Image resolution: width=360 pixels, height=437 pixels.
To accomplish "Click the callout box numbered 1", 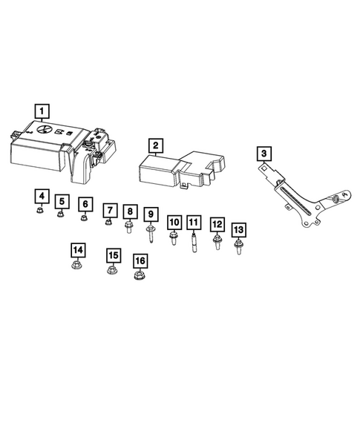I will [x=42, y=111].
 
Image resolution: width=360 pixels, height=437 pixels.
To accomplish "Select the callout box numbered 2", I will [x=154, y=145].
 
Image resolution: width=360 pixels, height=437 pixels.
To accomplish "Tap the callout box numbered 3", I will [x=264, y=154].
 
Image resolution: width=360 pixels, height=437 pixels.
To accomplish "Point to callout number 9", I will [x=151, y=215].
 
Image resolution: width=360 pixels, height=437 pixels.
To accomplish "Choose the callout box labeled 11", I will [x=193, y=222].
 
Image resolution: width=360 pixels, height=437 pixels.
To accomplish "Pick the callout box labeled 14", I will [x=77, y=250].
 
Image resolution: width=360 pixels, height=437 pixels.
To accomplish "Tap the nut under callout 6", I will [x=85, y=218].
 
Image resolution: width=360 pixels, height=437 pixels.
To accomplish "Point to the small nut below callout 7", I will [x=108, y=221].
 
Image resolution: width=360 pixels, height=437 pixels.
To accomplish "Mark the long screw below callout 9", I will [x=151, y=235].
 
